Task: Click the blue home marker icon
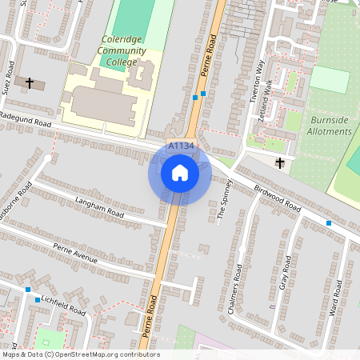pos(180,173)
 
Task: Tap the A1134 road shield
pos(181,146)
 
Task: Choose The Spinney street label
pos(225,199)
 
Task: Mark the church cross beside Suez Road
pos(30,82)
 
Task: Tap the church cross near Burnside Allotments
pos(280,163)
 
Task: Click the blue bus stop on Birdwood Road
pos(328,222)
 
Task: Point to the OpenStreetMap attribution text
pos(81,354)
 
